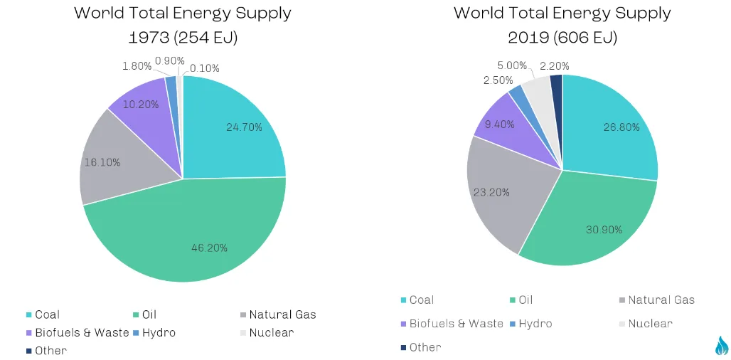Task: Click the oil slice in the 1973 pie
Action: point(186,233)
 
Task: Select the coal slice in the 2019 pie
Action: point(606,131)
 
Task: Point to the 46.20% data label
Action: point(209,248)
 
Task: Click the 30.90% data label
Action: point(604,229)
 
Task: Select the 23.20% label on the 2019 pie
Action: point(491,192)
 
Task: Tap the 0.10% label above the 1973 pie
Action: point(204,68)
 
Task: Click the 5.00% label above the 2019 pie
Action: point(512,65)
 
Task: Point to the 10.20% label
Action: point(141,104)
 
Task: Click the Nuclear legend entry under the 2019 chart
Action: point(646,324)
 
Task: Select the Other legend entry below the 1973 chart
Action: point(47,351)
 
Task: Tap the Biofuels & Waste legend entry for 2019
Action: point(452,324)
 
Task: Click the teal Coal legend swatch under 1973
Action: point(29,315)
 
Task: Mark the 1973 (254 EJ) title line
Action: point(183,37)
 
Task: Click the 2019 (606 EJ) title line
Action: point(562,37)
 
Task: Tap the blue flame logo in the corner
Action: point(721,346)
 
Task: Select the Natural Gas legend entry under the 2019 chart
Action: point(656,300)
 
